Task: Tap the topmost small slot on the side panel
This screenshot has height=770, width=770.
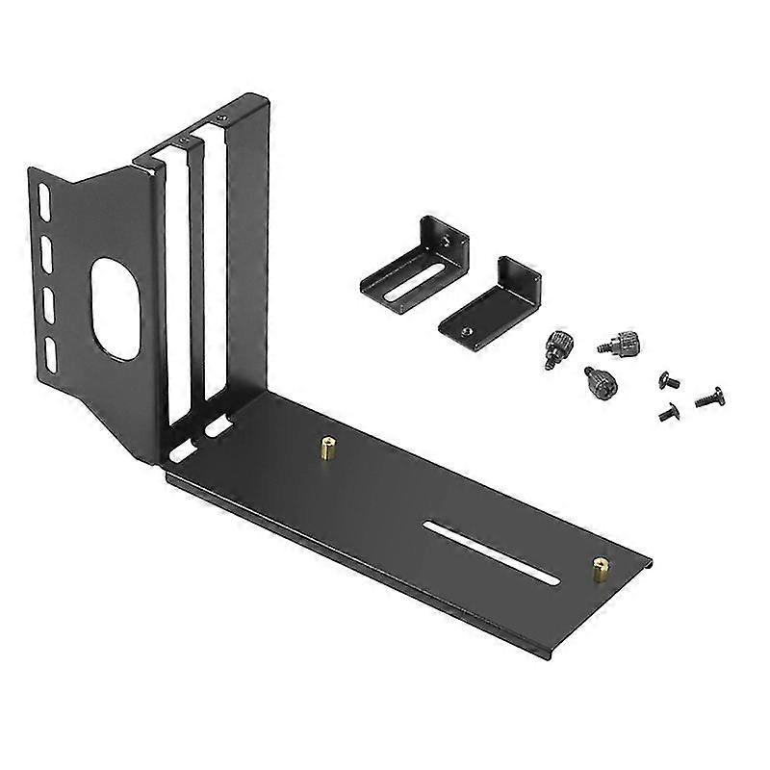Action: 42,206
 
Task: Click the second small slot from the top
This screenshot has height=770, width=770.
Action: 45,256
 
